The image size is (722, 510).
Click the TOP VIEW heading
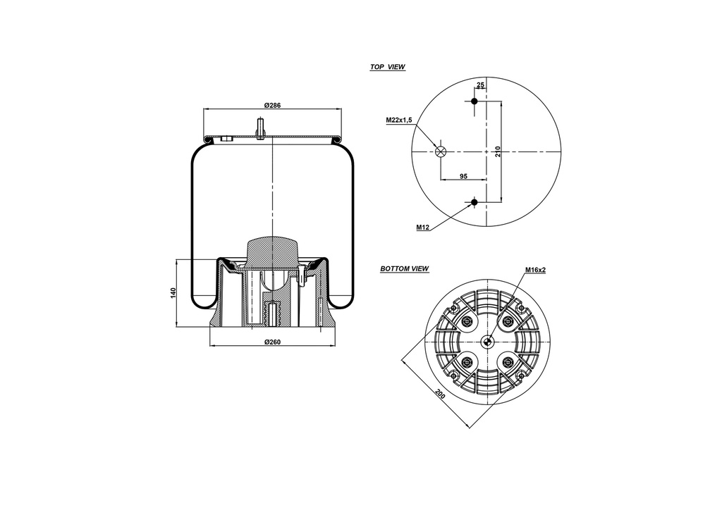[x=387, y=67]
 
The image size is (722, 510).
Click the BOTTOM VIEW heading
[x=404, y=268]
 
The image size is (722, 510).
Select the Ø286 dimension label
[x=272, y=105]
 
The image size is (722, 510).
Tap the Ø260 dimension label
[x=272, y=342]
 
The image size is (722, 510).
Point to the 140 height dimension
[x=173, y=293]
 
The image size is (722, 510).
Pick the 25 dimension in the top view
[x=481, y=85]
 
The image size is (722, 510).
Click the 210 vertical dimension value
[x=498, y=151]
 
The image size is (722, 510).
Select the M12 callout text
[x=423, y=228]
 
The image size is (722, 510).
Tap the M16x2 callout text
[x=535, y=270]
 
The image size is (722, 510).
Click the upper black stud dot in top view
[x=475, y=101]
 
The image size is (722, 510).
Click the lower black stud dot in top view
[x=475, y=203]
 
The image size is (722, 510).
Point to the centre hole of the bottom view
[x=487, y=342]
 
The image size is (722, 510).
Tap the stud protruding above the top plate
[x=262, y=130]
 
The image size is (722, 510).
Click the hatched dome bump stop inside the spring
[x=272, y=251]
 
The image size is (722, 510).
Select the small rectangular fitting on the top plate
[x=226, y=139]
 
